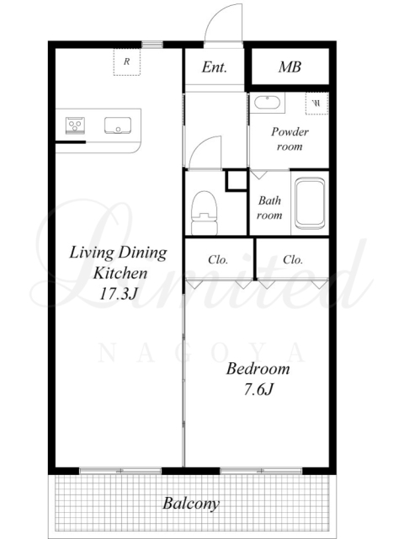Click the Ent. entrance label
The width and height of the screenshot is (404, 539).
[x=215, y=67]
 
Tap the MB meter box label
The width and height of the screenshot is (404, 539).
[x=290, y=67]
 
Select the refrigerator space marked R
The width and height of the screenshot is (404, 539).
[x=127, y=61]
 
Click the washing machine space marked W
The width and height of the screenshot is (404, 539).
[x=316, y=103]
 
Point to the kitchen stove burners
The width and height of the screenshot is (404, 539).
[x=75, y=125]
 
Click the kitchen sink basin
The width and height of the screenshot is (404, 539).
[x=118, y=125]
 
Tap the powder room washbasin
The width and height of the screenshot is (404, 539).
[x=267, y=103]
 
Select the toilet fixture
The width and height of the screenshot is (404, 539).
[x=205, y=213]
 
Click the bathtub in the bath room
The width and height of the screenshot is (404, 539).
[x=310, y=203]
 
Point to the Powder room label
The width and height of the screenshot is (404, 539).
[x=290, y=139]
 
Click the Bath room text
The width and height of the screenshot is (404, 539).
[x=269, y=208]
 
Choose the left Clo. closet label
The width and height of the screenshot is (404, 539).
[x=218, y=259]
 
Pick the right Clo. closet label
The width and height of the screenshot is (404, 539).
[x=293, y=259]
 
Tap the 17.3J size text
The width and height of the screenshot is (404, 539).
[x=119, y=294]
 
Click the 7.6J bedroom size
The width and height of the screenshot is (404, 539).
[x=258, y=390]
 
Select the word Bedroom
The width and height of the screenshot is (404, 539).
[x=258, y=369]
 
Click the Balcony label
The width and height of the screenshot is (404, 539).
[x=191, y=504]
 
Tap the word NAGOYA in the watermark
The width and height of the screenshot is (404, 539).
[x=202, y=354]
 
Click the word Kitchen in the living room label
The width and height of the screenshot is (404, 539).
[x=120, y=273]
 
